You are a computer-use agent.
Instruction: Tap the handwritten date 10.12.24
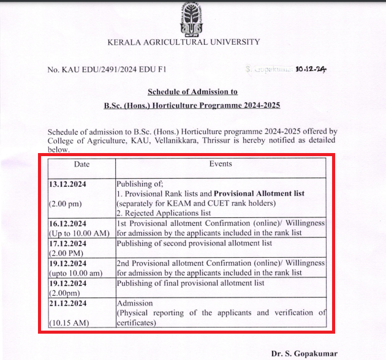click(311, 69)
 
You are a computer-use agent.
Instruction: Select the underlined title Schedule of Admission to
click(192, 92)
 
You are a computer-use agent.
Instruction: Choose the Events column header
click(221, 164)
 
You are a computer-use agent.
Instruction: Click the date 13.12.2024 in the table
click(69, 184)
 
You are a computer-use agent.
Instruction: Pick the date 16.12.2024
click(69, 223)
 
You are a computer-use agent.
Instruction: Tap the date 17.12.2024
click(69, 243)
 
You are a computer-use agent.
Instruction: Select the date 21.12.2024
click(69, 303)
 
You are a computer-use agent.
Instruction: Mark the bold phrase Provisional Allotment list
click(259, 193)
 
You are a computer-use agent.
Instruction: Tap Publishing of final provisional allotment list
click(191, 283)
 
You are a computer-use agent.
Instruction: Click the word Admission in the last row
click(134, 303)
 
